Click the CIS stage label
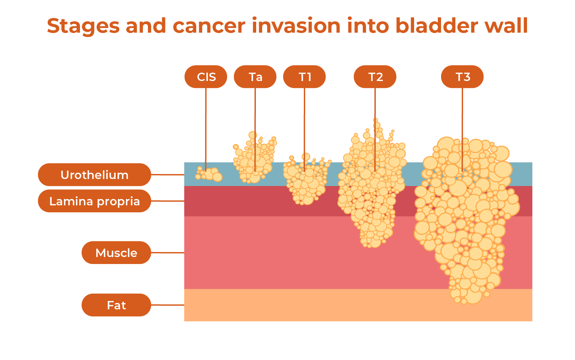pos(206,77)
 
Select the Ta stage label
pos(255,77)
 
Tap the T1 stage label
pos(304,77)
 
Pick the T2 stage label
pos(375,77)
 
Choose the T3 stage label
pos(462,77)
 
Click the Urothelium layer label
pos(94,175)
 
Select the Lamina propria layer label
pos(94,201)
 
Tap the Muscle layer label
pos(116,253)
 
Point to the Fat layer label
pos(116,305)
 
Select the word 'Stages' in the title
pos(83,26)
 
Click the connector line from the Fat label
pos(167,305)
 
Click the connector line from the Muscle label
pos(167,253)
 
